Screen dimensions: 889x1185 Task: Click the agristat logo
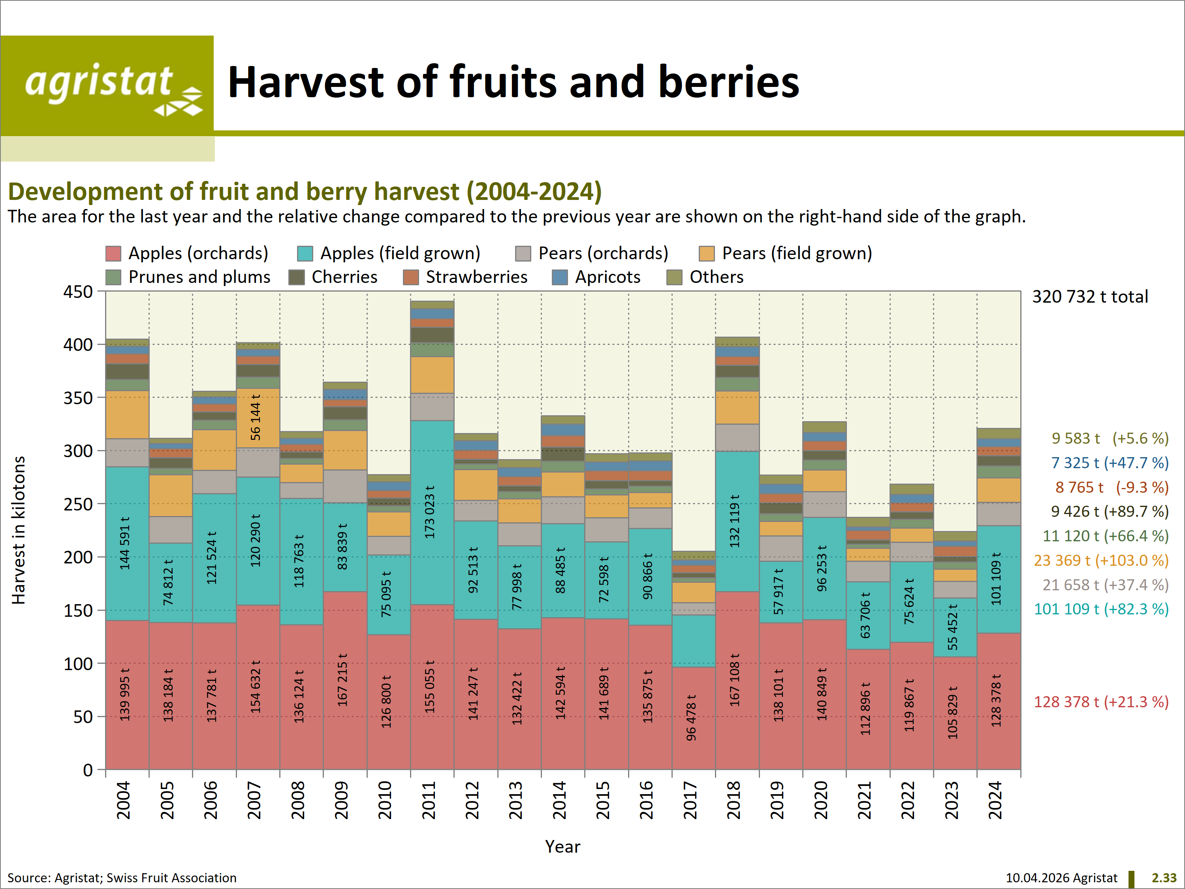[107, 86]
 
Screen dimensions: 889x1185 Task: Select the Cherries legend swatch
[296, 277]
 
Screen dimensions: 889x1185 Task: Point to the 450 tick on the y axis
[78, 292]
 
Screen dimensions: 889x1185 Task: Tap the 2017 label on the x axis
[690, 800]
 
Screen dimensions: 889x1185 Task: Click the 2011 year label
[429, 800]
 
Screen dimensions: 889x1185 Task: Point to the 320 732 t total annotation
[1090, 296]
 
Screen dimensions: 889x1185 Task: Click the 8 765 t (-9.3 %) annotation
[1112, 487]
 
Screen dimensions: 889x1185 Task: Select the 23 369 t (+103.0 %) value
[1101, 560]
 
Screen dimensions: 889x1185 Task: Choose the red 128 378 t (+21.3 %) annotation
[1101, 701]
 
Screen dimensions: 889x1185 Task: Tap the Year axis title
[562, 846]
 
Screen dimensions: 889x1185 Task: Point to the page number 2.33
[1164, 877]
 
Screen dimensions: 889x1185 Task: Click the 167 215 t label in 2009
[343, 680]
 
